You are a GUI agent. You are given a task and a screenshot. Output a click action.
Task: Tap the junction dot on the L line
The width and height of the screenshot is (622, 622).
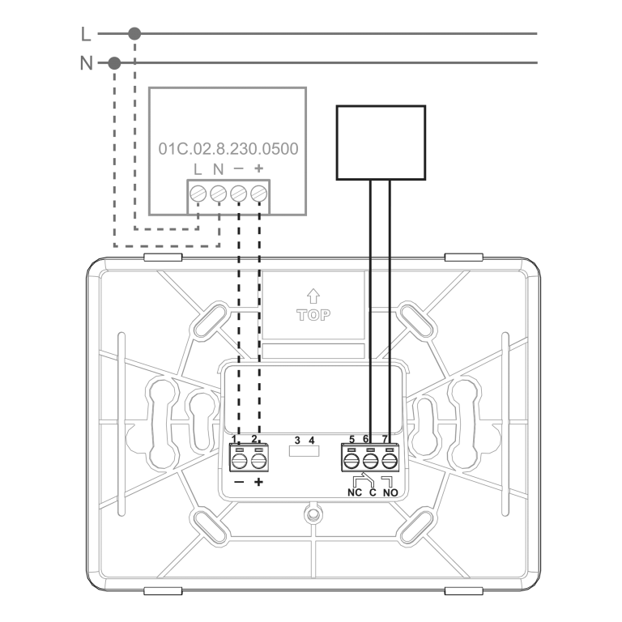tap(134, 33)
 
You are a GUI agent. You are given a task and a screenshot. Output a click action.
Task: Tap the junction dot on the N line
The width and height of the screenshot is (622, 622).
tap(115, 62)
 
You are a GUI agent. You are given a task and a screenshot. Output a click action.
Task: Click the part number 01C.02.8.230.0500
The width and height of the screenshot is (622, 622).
tap(228, 149)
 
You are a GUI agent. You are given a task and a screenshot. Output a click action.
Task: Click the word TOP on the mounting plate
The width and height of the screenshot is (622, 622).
tap(314, 315)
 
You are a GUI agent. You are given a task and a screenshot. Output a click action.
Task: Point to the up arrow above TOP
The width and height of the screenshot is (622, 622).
tap(314, 297)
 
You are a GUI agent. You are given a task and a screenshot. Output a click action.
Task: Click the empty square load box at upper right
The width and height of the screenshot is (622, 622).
tap(381, 143)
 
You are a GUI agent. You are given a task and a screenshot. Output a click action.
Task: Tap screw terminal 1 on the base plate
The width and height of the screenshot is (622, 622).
tap(240, 461)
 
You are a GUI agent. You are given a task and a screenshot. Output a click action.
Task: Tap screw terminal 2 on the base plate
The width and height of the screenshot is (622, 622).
tap(258, 461)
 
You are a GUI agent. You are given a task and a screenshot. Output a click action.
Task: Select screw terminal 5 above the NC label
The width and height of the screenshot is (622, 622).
tap(352, 461)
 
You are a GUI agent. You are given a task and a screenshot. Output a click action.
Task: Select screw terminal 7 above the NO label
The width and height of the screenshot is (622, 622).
tap(390, 461)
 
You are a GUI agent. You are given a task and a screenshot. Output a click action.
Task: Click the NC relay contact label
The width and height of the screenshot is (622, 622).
tap(355, 492)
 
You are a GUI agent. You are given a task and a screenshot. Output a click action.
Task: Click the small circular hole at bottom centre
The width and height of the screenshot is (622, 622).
tap(311, 513)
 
